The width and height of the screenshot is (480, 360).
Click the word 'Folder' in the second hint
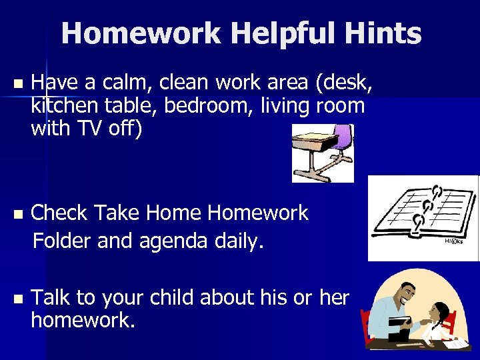click(x=63, y=240)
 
